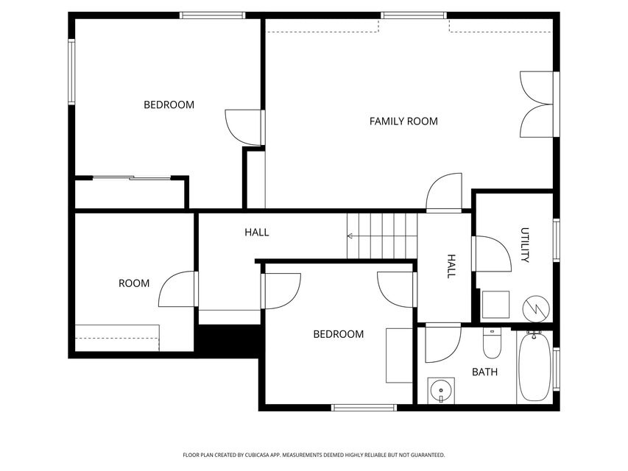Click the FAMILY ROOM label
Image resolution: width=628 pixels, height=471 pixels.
coord(403,121)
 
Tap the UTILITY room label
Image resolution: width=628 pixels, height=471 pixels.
coord(525,245)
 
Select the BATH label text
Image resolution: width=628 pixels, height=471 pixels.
coord(484,372)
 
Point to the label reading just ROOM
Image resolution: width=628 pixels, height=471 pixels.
coord(134,283)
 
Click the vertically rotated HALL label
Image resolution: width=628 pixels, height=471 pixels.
coord(451,266)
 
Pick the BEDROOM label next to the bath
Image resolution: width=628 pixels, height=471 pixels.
coord(338,334)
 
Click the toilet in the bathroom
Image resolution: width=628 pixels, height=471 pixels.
coord(492,342)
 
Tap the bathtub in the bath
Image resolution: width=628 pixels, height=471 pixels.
coord(534,366)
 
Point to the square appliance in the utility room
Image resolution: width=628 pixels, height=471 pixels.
coord(495,304)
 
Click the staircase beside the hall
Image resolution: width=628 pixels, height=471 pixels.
coord(382,236)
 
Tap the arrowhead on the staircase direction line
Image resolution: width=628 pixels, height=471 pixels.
coord(350,236)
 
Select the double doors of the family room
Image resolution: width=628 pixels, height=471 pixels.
coord(537,104)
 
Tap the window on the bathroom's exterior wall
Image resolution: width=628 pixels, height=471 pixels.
coord(557,368)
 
